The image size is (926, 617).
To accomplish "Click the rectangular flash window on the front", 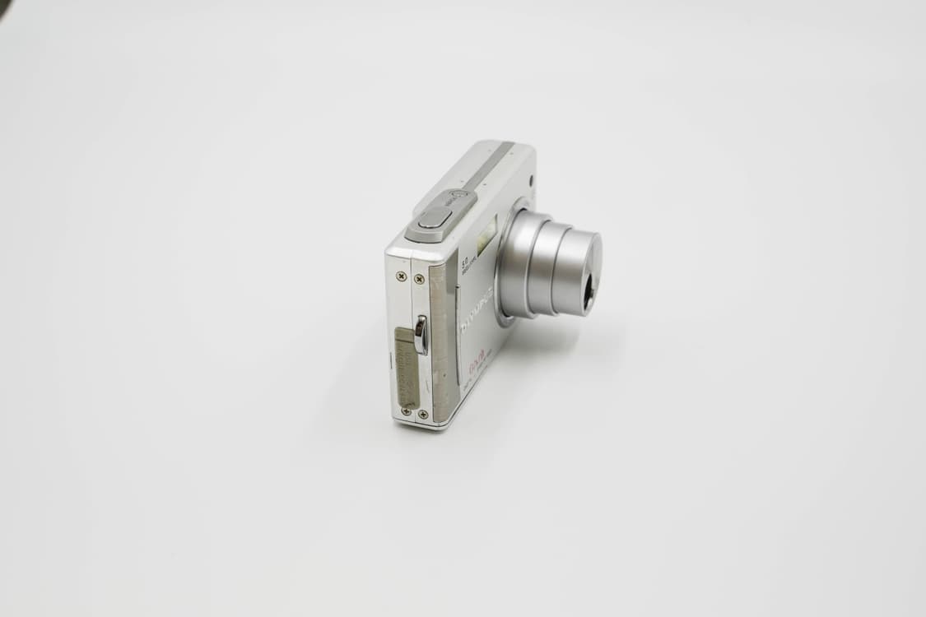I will pos(486,232).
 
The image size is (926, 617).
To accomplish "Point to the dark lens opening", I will pos(589,293).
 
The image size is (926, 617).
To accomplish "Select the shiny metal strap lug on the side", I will pos(421,335).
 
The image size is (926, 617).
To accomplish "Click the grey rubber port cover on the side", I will pos(406,367).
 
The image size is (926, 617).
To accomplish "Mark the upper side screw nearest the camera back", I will pos(401,276).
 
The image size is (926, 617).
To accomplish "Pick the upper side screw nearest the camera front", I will pos(419,279).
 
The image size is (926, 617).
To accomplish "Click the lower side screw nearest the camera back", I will pos(405,411).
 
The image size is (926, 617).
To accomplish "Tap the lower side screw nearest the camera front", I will pos(422,414).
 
